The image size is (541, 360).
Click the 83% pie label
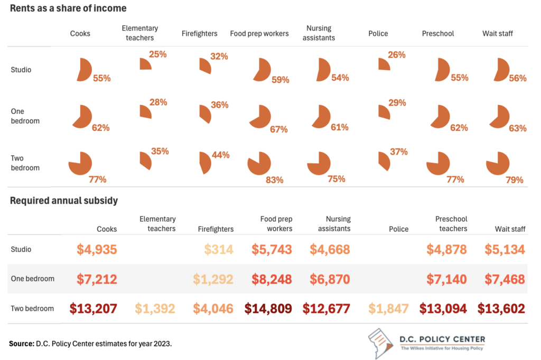[x=274, y=180]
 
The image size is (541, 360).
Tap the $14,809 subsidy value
[x=268, y=309]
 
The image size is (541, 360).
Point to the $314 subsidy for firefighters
[x=219, y=249]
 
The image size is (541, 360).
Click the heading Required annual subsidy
[x=64, y=201]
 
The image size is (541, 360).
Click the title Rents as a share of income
[x=68, y=8]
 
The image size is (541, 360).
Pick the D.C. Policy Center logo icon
[x=380, y=343]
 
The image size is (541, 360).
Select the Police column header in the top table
[x=378, y=33]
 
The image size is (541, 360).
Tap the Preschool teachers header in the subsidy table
[x=451, y=224]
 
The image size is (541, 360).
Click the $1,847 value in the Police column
[x=388, y=309]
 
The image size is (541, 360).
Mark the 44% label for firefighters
[x=220, y=155]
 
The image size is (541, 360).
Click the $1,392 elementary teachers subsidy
[x=155, y=309]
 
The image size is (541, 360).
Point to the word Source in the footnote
[x=22, y=344]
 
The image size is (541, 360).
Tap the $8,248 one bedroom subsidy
[x=272, y=279]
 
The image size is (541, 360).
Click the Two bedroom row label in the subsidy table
[x=32, y=309]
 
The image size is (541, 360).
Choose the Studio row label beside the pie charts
[x=21, y=70]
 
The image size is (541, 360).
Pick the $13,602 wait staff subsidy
[x=501, y=309]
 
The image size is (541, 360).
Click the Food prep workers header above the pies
[x=259, y=33]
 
